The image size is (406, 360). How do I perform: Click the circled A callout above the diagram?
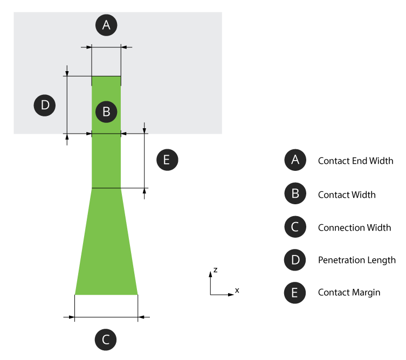tap(106, 24)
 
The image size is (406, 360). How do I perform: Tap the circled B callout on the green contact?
tap(106, 112)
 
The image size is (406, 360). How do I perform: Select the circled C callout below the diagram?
tap(106, 340)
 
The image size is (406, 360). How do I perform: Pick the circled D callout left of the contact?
tap(45, 105)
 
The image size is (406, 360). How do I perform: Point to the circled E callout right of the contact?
tap(167, 160)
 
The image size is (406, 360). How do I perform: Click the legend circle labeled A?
tap(295, 160)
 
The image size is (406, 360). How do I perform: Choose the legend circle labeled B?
tap(295, 194)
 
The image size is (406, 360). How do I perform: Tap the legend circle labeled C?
tap(295, 227)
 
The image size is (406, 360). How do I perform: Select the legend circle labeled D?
tap(295, 260)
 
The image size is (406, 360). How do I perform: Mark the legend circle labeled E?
tap(295, 293)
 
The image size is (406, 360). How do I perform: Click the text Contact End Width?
tap(355, 161)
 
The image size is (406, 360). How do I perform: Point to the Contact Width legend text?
tap(347, 195)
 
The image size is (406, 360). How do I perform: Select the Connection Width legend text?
tap(354, 227)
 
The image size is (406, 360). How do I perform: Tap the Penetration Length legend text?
tap(356, 260)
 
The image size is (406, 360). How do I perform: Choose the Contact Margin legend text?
tap(349, 293)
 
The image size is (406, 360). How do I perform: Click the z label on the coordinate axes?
tap(215, 269)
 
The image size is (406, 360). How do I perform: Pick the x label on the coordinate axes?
tap(237, 290)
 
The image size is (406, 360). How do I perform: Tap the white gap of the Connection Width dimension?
tap(106, 306)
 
